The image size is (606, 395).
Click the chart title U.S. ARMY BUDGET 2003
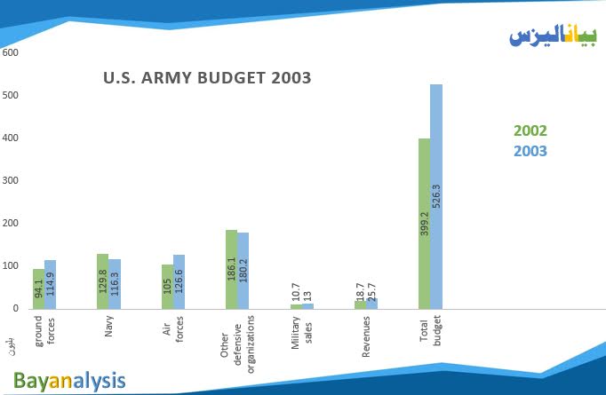207,77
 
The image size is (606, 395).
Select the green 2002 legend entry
530,130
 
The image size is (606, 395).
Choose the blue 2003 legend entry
530,151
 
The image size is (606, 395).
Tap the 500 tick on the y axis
11,95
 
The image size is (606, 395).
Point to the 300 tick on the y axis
11,180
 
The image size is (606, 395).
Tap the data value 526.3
436,194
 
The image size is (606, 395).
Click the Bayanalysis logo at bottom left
69,381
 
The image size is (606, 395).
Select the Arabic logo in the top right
554,35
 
